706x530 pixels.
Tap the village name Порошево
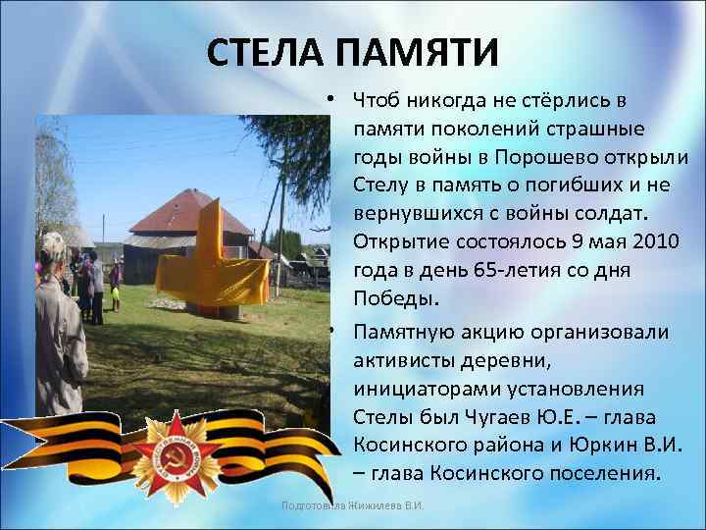(542, 157)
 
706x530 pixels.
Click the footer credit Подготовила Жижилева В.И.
(352, 505)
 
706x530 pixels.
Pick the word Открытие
(401, 241)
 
